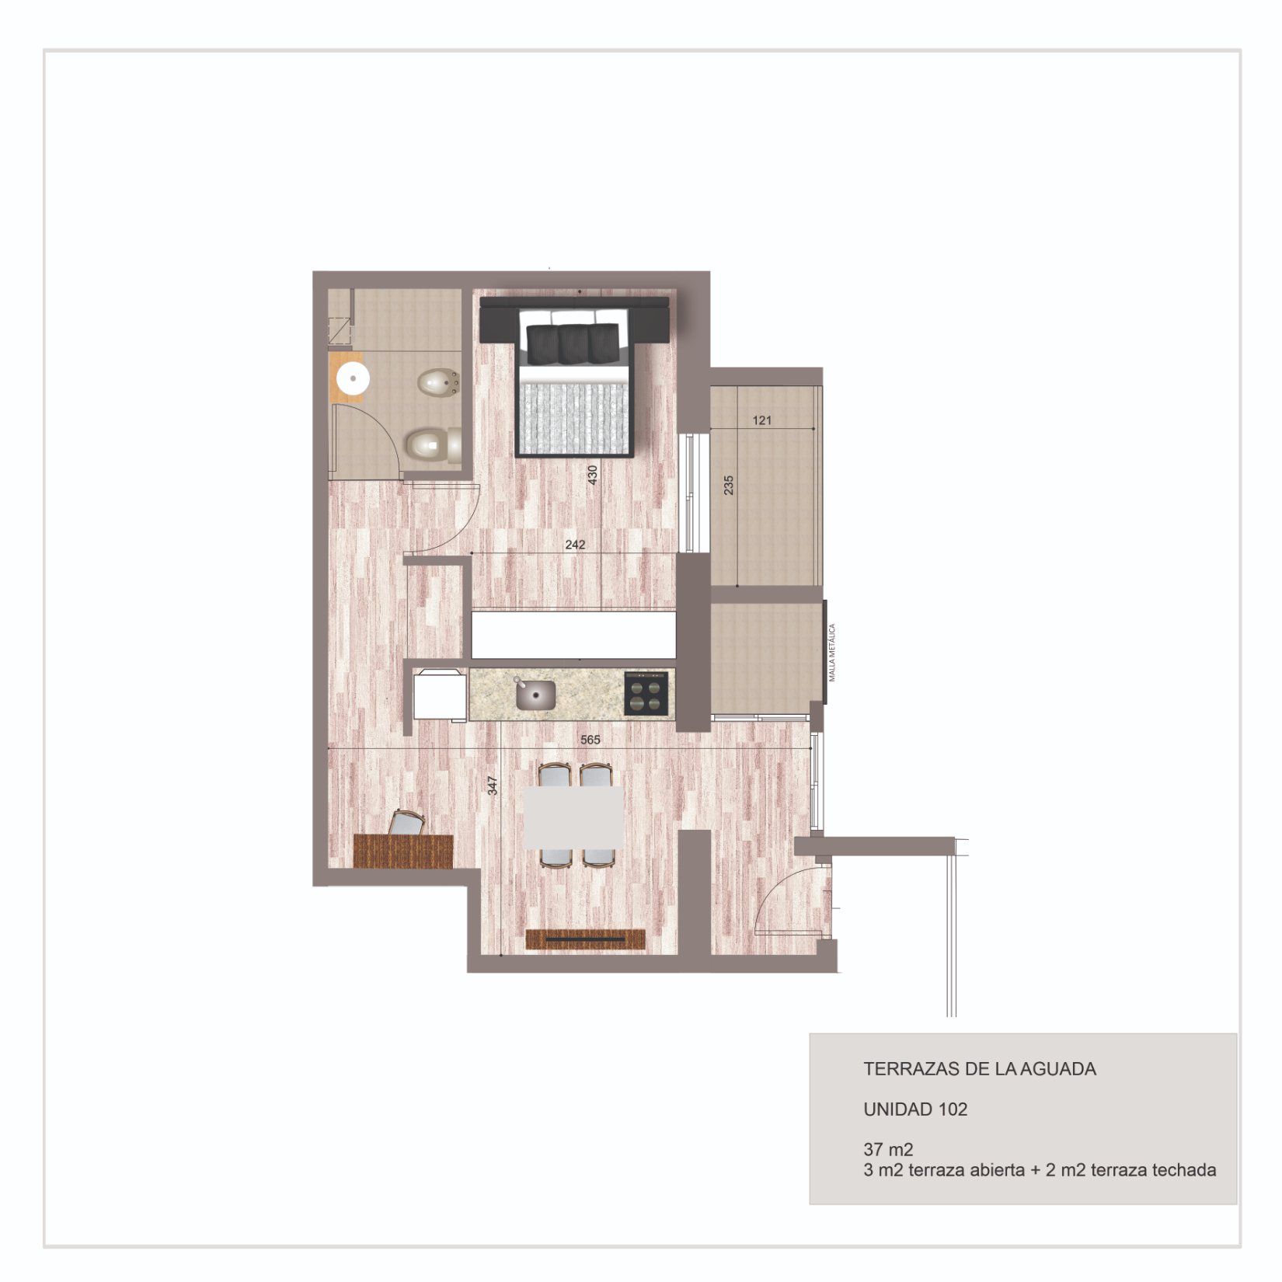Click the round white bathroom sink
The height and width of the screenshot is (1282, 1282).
click(353, 379)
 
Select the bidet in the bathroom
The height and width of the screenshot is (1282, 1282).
click(439, 381)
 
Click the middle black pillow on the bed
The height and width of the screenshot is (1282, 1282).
click(573, 343)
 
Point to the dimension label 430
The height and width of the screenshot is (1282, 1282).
click(593, 475)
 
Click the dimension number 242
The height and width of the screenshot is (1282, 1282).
click(575, 545)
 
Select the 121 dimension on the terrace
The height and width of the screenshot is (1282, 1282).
click(762, 420)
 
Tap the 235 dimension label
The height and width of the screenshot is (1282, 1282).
click(728, 486)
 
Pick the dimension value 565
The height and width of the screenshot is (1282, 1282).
click(590, 740)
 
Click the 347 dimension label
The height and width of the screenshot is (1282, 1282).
click(492, 786)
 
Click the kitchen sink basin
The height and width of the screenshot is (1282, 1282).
click(536, 695)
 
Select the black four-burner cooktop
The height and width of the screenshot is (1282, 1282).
click(646, 693)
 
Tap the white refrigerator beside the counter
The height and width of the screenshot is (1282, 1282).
click(441, 696)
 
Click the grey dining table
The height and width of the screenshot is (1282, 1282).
click(573, 817)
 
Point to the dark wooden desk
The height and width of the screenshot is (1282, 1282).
click(403, 852)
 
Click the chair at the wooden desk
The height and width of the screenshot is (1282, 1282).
click(407, 823)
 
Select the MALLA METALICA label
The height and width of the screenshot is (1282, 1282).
click(832, 653)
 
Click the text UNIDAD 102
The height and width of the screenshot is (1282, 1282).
click(915, 1110)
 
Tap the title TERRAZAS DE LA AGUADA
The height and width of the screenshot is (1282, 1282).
click(980, 1069)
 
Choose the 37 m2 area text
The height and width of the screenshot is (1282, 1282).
click(888, 1149)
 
